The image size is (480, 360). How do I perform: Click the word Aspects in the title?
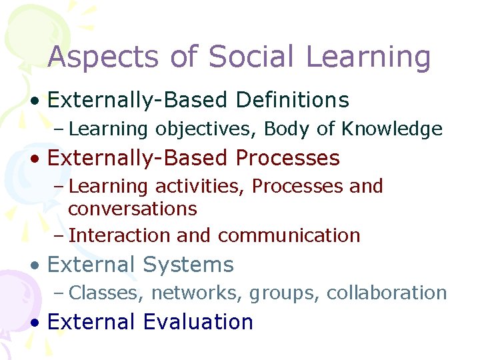pyautogui.click(x=103, y=57)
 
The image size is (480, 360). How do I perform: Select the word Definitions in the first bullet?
pyautogui.click(x=293, y=100)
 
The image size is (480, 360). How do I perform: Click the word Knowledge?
pyautogui.click(x=392, y=129)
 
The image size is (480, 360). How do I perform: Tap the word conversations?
pyautogui.click(x=133, y=209)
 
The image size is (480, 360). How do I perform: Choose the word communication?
pyautogui.click(x=289, y=235)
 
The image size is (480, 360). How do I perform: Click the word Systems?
pyautogui.click(x=189, y=265)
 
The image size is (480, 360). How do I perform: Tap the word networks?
pyautogui.click(x=189, y=293)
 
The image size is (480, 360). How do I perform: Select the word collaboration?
pyautogui.click(x=387, y=293)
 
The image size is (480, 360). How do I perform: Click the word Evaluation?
pyautogui.click(x=198, y=322)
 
